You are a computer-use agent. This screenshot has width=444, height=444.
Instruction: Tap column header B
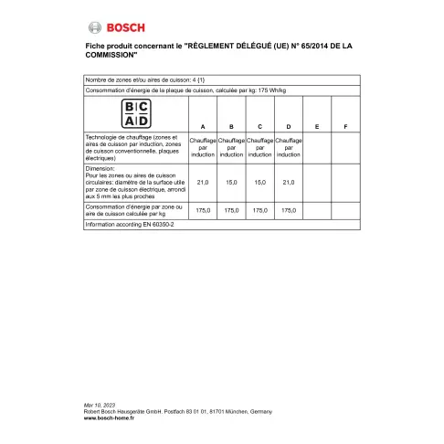pos(232,126)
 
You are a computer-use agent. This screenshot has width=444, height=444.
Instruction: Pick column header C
pos(260,126)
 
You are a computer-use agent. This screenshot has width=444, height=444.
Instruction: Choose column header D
pos(289,126)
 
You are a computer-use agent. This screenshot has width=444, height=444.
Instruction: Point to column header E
pos(317,126)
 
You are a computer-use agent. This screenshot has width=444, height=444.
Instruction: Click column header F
pos(345,126)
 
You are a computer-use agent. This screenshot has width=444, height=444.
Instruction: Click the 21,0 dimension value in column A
pos(203,183)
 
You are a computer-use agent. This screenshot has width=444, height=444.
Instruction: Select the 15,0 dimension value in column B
pos(232,183)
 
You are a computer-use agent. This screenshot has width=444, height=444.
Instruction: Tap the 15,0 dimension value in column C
pos(260,183)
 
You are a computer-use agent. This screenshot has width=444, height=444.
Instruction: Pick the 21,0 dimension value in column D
pos(289,183)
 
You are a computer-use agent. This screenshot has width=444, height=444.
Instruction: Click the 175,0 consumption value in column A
pos(203,210)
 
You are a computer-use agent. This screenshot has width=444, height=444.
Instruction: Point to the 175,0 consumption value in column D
pos(289,210)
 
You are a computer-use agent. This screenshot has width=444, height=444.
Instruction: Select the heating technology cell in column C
pos(260,148)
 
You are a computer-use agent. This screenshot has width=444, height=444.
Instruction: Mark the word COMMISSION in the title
pos(110,60)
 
